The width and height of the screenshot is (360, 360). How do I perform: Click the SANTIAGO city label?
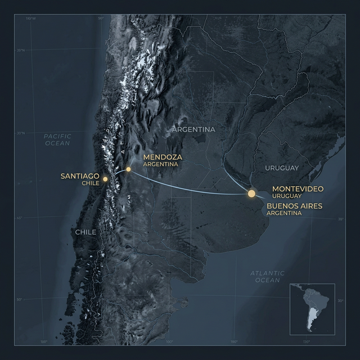point(80,176)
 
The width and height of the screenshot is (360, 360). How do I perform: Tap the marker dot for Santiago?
point(105,179)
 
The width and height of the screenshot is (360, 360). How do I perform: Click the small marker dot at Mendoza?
point(129,169)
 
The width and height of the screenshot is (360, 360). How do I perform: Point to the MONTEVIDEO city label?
point(297,188)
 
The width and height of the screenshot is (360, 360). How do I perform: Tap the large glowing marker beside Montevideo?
point(251,193)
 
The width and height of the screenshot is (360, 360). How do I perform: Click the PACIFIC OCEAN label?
point(57,140)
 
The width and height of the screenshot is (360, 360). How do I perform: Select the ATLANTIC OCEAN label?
point(267,276)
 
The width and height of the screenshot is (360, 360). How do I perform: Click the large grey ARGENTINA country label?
point(193,129)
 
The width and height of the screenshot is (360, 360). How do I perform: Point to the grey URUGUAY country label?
point(281,168)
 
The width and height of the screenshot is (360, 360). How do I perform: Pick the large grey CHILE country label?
point(85,232)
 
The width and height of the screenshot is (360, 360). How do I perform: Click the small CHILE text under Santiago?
point(91,183)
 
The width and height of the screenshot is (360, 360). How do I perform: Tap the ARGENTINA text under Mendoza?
point(160,164)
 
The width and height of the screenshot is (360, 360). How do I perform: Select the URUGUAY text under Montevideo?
point(287,195)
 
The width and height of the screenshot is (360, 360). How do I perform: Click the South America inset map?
point(312,308)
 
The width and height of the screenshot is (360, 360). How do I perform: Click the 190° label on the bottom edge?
point(234,341)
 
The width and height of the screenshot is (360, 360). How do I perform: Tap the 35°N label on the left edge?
point(21,51)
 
